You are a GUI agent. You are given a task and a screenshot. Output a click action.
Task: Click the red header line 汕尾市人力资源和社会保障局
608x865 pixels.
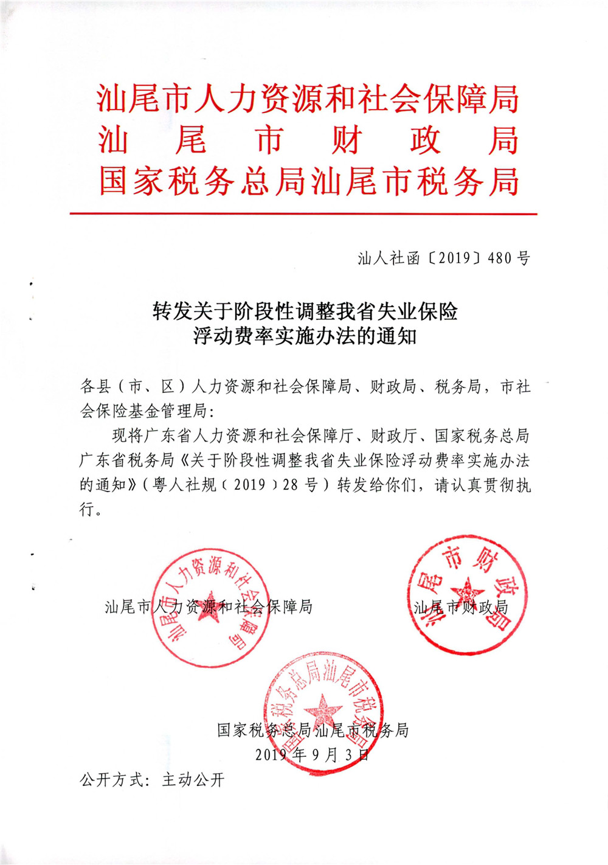coord(308,99)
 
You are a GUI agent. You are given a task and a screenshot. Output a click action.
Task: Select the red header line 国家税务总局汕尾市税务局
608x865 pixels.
coord(308,181)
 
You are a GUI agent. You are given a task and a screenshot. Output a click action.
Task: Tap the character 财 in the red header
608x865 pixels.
coord(347,141)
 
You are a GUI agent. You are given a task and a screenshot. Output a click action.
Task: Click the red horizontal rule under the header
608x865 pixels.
coord(303,214)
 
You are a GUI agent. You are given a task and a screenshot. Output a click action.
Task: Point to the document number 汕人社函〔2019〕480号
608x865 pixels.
coord(444,258)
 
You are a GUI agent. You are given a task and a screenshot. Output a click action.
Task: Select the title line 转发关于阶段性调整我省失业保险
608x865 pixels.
coord(305,311)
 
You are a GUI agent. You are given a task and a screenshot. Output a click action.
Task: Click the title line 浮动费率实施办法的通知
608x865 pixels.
coord(305,336)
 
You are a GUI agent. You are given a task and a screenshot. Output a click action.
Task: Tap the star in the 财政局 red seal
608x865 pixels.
coord(466,592)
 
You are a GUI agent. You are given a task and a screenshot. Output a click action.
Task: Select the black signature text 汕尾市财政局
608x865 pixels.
coord(460,607)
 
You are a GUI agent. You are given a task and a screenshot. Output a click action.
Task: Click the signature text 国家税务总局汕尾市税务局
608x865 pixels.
coord(313,730)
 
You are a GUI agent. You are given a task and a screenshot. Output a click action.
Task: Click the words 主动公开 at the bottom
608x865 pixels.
coord(193,780)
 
